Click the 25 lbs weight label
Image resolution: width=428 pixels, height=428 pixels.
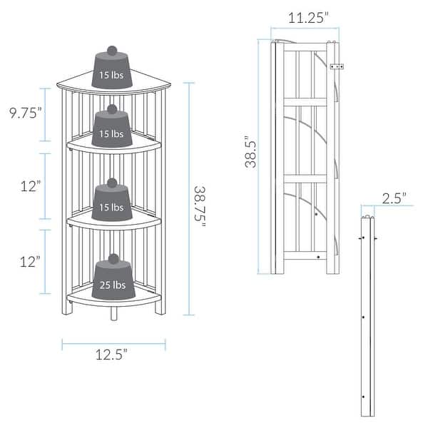(x=113, y=285)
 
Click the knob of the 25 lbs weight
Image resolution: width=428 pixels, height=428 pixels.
(x=113, y=258)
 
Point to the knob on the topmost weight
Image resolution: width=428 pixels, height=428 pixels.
(x=113, y=50)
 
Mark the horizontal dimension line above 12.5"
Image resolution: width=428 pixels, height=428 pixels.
(x=113, y=344)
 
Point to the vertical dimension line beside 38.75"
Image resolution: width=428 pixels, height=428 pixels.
(x=188, y=198)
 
